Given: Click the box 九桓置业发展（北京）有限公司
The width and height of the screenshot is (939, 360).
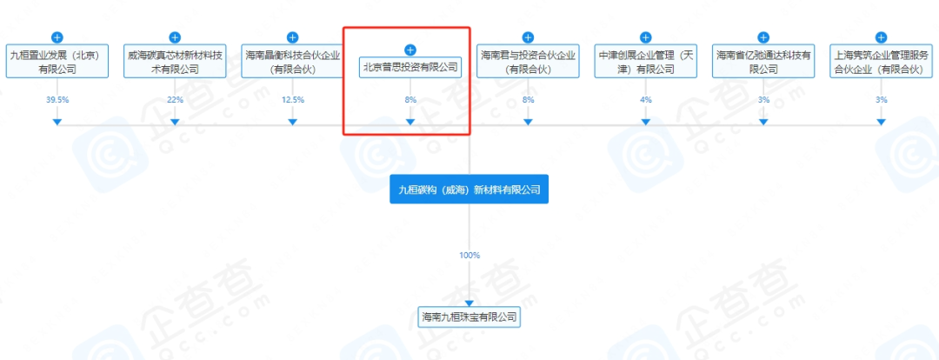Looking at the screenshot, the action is [57, 61].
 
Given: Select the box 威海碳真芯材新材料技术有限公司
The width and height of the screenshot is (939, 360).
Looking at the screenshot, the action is [175, 61].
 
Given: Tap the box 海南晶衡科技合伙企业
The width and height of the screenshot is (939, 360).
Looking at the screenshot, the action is [292, 61].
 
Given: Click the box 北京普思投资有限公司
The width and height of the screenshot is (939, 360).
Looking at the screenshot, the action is [410, 66].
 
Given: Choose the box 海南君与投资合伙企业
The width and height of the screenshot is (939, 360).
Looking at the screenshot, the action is [528, 61].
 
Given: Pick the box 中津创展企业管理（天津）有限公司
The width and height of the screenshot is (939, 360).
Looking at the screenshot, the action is [645, 61].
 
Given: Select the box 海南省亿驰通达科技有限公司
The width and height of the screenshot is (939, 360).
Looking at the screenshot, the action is [763, 61].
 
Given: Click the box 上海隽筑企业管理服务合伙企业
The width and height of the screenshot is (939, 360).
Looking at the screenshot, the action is [881, 61].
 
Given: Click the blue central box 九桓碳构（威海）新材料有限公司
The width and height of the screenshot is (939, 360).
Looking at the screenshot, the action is [469, 189].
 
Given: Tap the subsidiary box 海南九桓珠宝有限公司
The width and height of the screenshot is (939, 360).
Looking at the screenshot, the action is [469, 317].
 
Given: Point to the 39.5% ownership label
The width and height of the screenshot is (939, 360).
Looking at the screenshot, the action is [57, 100].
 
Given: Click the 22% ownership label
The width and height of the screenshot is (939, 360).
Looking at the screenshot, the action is [175, 100].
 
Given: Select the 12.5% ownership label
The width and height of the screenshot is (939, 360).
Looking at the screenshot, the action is [292, 100].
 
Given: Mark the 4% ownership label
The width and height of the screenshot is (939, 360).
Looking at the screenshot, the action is [645, 100].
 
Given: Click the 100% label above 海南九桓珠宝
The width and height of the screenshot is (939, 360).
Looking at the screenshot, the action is [469, 255].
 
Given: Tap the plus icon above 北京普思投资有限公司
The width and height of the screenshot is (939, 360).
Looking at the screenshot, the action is [410, 50].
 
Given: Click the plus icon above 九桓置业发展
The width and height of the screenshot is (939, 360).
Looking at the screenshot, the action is [57, 37].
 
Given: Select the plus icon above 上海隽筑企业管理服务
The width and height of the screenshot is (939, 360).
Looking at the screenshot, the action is [881, 37].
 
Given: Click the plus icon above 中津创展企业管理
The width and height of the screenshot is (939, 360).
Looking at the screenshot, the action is [645, 37].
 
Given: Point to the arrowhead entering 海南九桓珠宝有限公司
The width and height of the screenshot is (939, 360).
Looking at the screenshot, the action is [469, 301].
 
